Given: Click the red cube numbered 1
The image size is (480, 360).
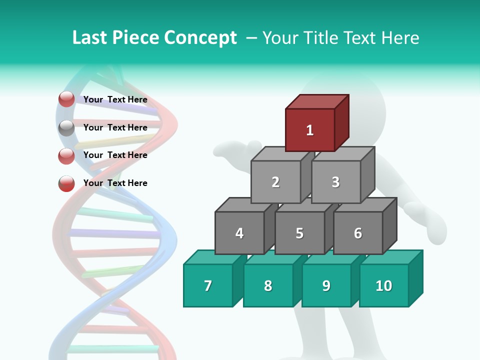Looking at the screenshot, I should [310, 130].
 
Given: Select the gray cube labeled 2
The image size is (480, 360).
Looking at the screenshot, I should [275, 182].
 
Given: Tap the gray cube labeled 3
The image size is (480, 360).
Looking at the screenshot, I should [335, 182].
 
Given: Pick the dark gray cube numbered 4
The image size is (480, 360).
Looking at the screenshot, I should [239, 233].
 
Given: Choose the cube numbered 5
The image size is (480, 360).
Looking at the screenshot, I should [299, 233].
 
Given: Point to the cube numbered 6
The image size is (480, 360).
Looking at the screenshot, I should [358, 233].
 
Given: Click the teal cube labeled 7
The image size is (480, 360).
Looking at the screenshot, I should [208, 285].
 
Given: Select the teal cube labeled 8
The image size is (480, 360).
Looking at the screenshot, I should [268, 285].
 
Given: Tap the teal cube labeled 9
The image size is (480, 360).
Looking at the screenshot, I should [326, 285].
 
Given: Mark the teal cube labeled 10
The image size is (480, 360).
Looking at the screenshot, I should [384, 285].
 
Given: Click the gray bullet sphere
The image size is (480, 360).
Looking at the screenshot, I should [66, 128].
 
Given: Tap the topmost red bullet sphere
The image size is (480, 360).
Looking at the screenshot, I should [66, 99].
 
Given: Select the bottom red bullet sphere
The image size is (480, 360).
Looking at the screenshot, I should [66, 183].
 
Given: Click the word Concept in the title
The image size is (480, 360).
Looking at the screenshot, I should [200, 38].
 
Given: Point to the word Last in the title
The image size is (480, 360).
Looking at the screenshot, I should [90, 38].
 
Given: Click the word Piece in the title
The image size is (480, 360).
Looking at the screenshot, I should [135, 38].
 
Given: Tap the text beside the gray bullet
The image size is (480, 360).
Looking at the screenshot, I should [115, 127].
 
